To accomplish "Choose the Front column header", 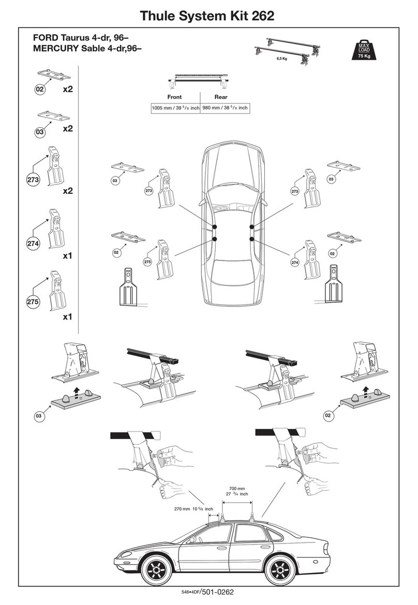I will (x=174, y=97).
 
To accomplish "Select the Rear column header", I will (x=221, y=97).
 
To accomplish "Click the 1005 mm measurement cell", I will (x=175, y=108).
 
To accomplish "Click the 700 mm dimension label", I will (x=237, y=488).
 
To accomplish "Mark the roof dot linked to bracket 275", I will (x=214, y=239).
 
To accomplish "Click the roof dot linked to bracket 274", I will (x=252, y=238).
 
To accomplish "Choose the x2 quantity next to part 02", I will (x=67, y=89).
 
